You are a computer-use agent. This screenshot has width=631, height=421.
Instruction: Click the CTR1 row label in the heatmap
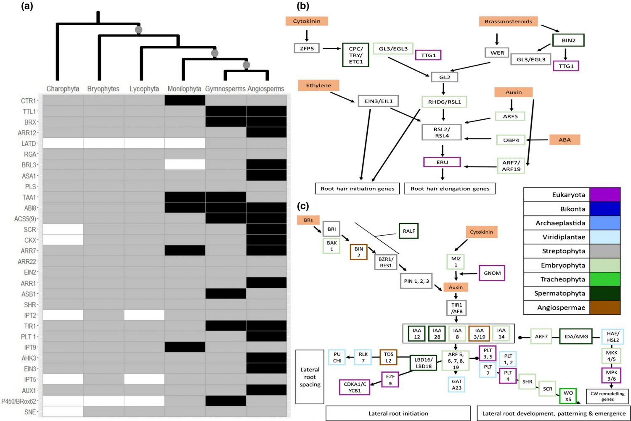click(29, 101)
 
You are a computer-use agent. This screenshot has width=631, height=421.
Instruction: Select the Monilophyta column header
click(184, 89)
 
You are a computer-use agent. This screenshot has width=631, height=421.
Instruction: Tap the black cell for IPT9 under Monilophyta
click(185, 347)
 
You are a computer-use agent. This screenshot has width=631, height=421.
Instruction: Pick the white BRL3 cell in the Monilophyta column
click(185, 165)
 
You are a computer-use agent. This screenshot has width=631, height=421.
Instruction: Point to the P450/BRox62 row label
click(19, 401)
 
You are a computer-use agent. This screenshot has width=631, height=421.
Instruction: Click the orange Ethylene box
click(318, 85)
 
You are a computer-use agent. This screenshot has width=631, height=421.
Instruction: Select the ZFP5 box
click(307, 48)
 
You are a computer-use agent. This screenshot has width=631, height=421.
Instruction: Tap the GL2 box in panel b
click(444, 77)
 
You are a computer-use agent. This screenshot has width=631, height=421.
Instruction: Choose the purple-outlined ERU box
click(442, 162)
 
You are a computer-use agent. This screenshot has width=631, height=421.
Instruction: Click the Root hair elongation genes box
click(450, 189)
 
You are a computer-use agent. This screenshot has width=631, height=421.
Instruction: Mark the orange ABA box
click(565, 140)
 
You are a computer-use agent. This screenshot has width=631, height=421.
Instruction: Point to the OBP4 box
click(511, 140)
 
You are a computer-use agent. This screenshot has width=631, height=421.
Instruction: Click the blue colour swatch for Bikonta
click(605, 209)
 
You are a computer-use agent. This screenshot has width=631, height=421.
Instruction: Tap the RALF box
click(408, 231)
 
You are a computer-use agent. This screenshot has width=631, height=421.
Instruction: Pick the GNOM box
click(492, 273)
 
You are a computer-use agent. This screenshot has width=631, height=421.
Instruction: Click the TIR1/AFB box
click(456, 308)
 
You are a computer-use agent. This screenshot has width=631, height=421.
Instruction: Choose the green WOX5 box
click(568, 396)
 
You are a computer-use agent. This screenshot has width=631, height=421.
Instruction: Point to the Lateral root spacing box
click(310, 377)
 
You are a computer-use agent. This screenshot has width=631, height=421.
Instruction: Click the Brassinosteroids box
click(508, 21)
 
